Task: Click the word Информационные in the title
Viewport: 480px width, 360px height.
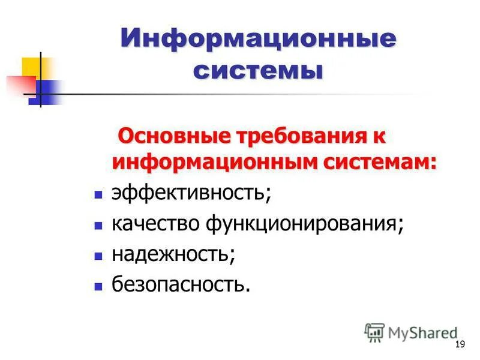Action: pyautogui.click(x=259, y=40)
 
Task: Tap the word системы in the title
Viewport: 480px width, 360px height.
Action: pyautogui.click(x=259, y=71)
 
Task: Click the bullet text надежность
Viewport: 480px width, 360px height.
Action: pyautogui.click(x=173, y=254)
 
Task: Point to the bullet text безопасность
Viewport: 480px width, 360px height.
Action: pyautogui.click(x=180, y=284)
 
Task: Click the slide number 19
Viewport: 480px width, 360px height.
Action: pyautogui.click(x=460, y=344)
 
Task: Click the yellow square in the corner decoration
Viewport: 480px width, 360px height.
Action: pyautogui.click(x=32, y=67)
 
